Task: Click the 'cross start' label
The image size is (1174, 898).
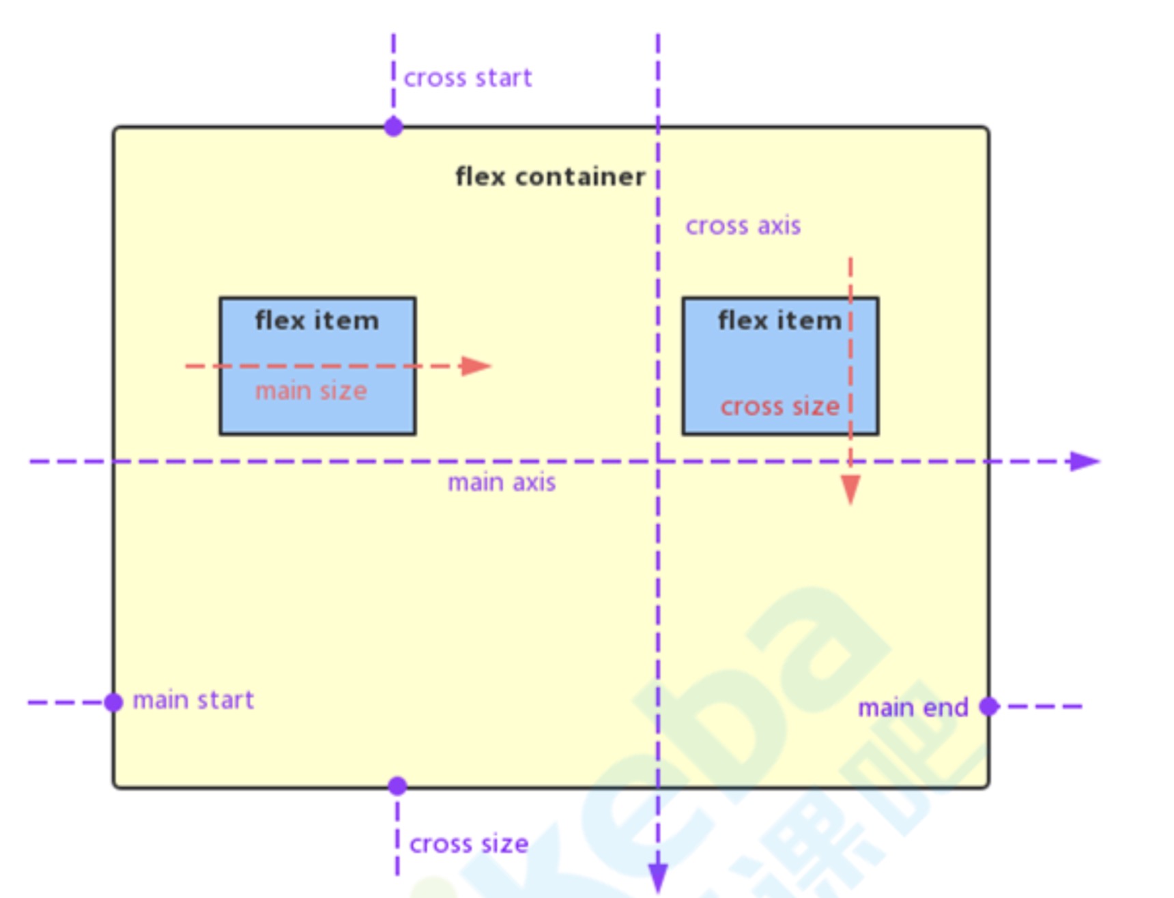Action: tap(468, 78)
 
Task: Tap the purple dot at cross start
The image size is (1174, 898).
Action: tap(393, 126)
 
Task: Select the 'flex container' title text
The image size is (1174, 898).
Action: tap(550, 177)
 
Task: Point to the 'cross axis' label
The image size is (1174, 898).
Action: tap(743, 226)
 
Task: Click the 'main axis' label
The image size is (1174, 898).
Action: tap(502, 482)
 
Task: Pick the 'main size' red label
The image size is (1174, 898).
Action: tap(311, 391)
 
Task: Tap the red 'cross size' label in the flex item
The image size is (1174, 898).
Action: tap(779, 407)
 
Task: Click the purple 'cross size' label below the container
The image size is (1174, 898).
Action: tap(469, 844)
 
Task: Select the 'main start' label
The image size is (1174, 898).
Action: tap(193, 700)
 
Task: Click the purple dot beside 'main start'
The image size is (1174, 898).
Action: tap(113, 701)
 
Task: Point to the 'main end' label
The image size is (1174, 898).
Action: tap(913, 708)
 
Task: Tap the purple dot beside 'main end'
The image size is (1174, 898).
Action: tap(989, 706)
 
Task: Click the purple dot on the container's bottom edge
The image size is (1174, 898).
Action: tap(397, 786)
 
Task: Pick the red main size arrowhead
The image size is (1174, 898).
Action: tap(475, 366)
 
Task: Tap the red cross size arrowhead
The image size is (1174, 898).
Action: tap(850, 489)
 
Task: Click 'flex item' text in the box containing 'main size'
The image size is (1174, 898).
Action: tap(317, 321)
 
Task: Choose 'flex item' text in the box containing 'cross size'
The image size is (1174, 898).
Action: tap(779, 321)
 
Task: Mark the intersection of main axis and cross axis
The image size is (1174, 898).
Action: tap(658, 461)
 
